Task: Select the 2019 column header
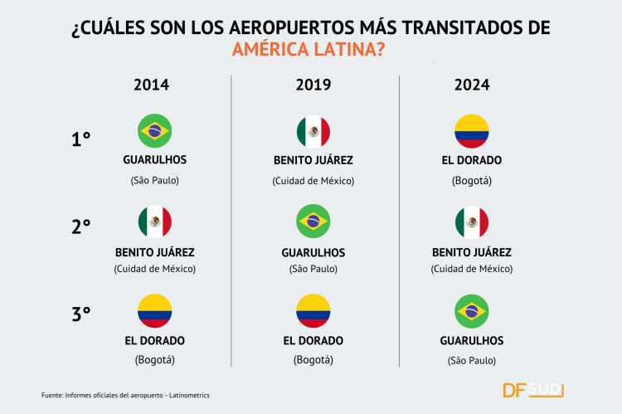point(313,85)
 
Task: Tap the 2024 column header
point(471,85)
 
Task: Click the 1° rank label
point(81,139)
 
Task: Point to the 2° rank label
point(81,226)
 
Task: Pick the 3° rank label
point(81,314)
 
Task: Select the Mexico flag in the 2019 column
point(313,131)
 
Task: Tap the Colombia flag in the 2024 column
point(472,131)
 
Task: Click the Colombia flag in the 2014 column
point(154,311)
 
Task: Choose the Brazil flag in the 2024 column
point(472,311)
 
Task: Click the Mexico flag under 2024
point(472,222)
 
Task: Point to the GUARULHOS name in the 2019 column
point(313,252)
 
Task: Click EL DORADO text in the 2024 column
point(472,160)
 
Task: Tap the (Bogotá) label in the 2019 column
point(313,359)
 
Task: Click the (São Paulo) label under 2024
point(472,359)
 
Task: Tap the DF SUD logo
point(534,389)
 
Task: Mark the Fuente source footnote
point(125,395)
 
